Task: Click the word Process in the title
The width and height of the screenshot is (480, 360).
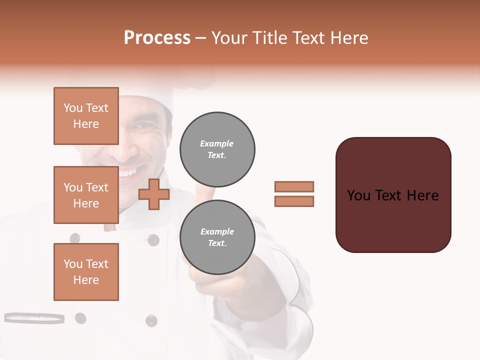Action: [157, 37]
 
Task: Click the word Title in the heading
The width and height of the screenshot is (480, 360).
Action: [269, 38]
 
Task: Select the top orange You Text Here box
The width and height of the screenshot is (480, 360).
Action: [86, 116]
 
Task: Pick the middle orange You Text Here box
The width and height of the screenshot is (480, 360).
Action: [86, 195]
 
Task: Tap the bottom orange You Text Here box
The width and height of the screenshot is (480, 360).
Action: [86, 272]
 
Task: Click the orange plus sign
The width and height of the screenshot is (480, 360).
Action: [154, 195]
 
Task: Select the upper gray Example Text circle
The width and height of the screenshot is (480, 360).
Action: [217, 149]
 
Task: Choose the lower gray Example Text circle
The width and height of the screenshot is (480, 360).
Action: [217, 237]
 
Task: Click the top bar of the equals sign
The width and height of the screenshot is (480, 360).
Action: [294, 187]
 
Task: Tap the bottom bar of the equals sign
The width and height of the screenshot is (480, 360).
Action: [294, 201]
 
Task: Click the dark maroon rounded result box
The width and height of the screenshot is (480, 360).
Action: [393, 195]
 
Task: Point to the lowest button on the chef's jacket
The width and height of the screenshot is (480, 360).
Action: [151, 320]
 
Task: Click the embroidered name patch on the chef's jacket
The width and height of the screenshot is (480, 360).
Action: [34, 318]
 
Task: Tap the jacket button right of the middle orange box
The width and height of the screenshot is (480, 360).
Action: [153, 240]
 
